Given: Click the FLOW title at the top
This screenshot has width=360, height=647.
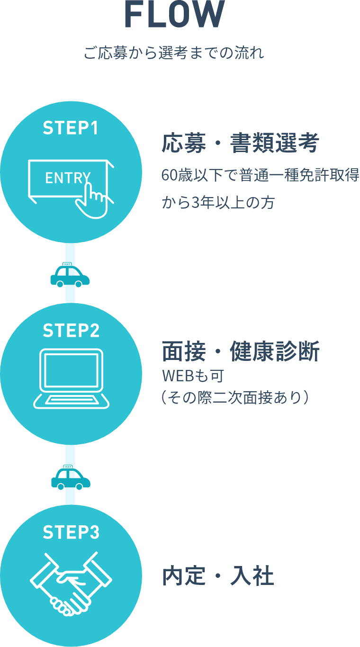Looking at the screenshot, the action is [x=174, y=14].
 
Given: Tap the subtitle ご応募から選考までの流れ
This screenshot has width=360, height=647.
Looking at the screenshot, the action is [x=174, y=53].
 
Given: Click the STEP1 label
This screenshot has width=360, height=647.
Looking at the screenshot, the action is [x=71, y=128].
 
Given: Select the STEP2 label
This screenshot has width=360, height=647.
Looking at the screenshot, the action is [x=71, y=330].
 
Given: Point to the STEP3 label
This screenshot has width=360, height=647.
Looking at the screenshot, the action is [x=71, y=532].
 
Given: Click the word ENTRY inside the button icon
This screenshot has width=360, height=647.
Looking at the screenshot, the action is [x=68, y=178].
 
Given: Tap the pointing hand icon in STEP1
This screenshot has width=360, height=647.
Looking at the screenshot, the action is [x=92, y=199].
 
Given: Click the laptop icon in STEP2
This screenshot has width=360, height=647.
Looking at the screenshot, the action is [x=71, y=378].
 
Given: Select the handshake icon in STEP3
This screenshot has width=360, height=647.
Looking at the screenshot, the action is [x=71, y=584].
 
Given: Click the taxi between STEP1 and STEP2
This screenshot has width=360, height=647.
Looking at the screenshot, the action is [x=70, y=275].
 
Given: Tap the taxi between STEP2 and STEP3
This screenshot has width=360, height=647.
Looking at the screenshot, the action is [x=71, y=477].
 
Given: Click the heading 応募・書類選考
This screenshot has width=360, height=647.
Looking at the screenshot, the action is [x=240, y=143].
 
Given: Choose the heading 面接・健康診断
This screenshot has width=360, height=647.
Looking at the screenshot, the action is [x=240, y=351].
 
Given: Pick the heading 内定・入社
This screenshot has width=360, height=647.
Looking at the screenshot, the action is [x=218, y=576].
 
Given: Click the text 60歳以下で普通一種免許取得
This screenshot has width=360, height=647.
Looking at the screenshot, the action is [x=261, y=175].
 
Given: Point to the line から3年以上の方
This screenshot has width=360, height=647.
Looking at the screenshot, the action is [x=218, y=202].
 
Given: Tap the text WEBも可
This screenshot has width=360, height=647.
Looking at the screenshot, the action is [x=193, y=376].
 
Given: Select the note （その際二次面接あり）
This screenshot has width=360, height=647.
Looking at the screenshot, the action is [x=235, y=397].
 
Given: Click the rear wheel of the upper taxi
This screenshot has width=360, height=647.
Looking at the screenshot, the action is [x=60, y=284].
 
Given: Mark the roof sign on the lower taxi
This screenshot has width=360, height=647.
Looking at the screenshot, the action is [x=68, y=467].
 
